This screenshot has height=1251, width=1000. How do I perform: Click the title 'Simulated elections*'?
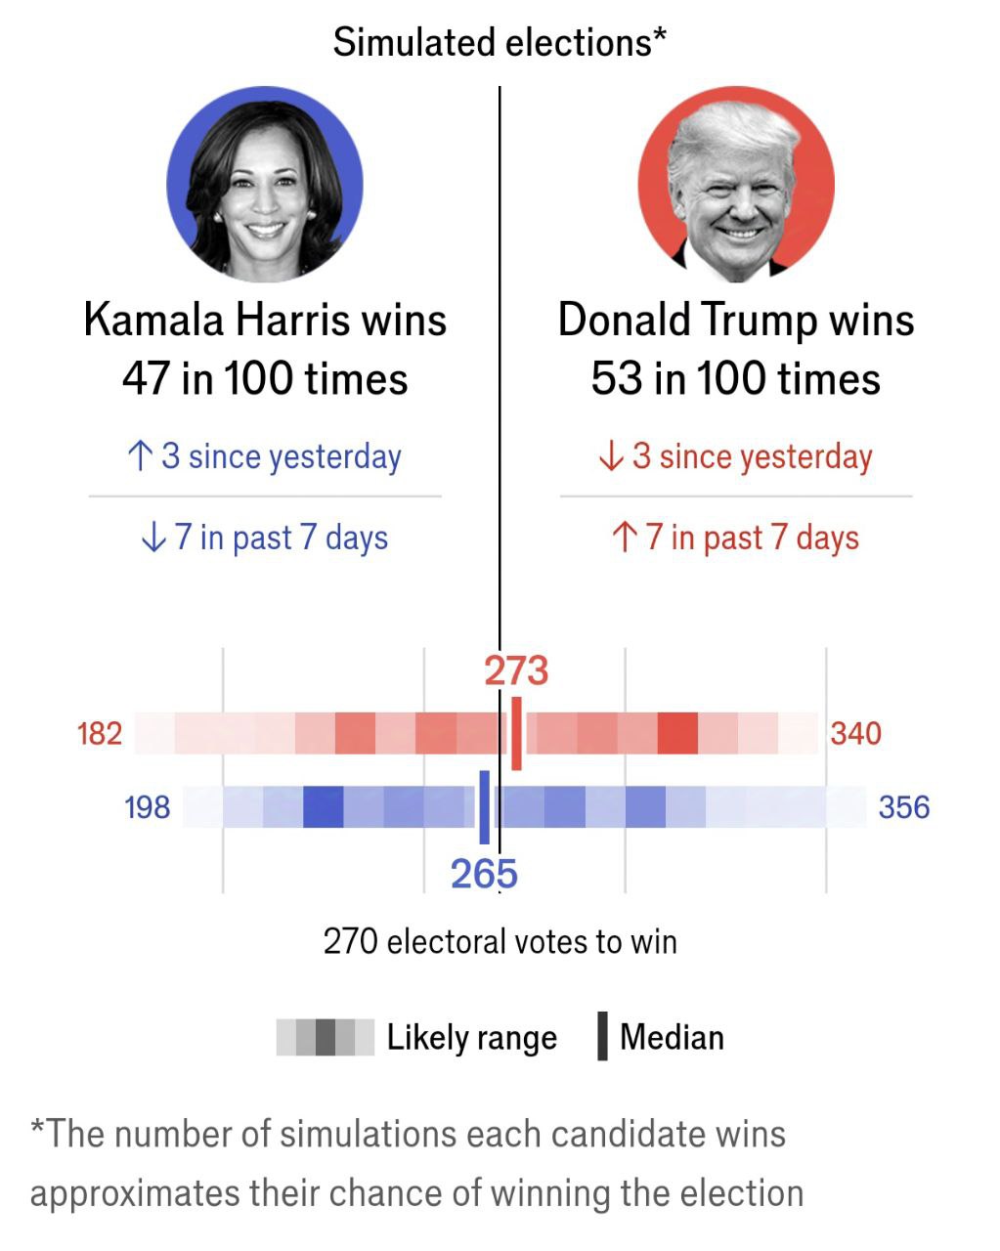[x=500, y=42]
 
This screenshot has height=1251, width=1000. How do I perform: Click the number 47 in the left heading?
[x=147, y=379]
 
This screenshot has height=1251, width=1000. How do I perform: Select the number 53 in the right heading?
[x=616, y=379]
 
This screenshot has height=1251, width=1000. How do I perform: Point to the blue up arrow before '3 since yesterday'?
[x=141, y=455]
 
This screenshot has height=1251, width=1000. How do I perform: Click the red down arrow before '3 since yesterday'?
[x=611, y=455]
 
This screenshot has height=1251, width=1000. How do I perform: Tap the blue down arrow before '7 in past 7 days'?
[x=153, y=537]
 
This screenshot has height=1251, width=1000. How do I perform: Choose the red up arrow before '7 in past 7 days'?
[x=624, y=537]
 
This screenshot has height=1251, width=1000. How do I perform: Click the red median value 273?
[x=516, y=671]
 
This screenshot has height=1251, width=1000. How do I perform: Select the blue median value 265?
[x=484, y=874]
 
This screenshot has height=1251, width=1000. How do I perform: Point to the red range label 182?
[x=100, y=733]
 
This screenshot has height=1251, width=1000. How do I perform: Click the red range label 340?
[x=855, y=733]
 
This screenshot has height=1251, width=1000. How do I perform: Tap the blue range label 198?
[x=147, y=807]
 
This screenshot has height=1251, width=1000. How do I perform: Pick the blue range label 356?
[x=903, y=807]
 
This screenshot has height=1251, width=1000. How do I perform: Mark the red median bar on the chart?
[x=516, y=733]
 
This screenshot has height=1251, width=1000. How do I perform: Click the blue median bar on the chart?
[x=484, y=807]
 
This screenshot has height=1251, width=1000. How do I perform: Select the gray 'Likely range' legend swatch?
[x=325, y=1037]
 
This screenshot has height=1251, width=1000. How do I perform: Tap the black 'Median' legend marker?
[x=602, y=1037]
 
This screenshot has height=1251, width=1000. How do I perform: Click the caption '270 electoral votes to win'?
[x=500, y=941]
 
